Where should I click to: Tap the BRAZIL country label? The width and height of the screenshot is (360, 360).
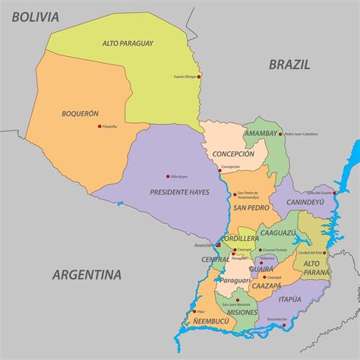(289, 65)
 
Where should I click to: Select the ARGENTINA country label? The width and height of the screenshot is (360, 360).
(87, 274)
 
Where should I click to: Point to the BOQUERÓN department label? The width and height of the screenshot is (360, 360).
(81, 113)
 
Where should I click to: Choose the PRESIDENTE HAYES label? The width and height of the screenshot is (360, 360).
(180, 191)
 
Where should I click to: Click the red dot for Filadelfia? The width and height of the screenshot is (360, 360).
(99, 126)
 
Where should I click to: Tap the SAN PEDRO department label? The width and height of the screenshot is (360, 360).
(251, 207)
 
